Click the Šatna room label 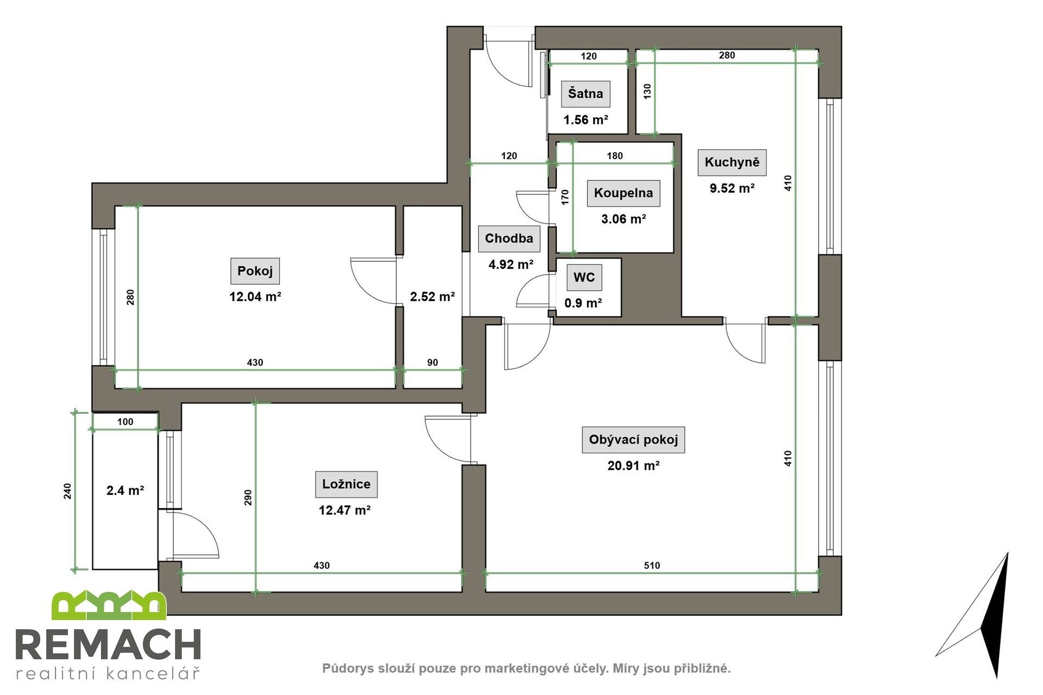[585, 93]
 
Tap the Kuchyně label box [732, 162]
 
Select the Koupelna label [623, 193]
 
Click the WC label [584, 278]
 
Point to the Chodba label [508, 238]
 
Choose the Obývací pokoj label [633, 440]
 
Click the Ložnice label [346, 484]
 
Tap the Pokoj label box [255, 271]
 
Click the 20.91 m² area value [633, 466]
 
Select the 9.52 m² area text [732, 188]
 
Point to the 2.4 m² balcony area [125, 491]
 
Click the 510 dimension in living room [651, 566]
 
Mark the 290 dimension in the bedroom [248, 497]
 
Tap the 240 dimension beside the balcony [67, 491]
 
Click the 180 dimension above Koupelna [614, 156]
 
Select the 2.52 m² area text [432, 297]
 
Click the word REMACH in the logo [108, 646]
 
